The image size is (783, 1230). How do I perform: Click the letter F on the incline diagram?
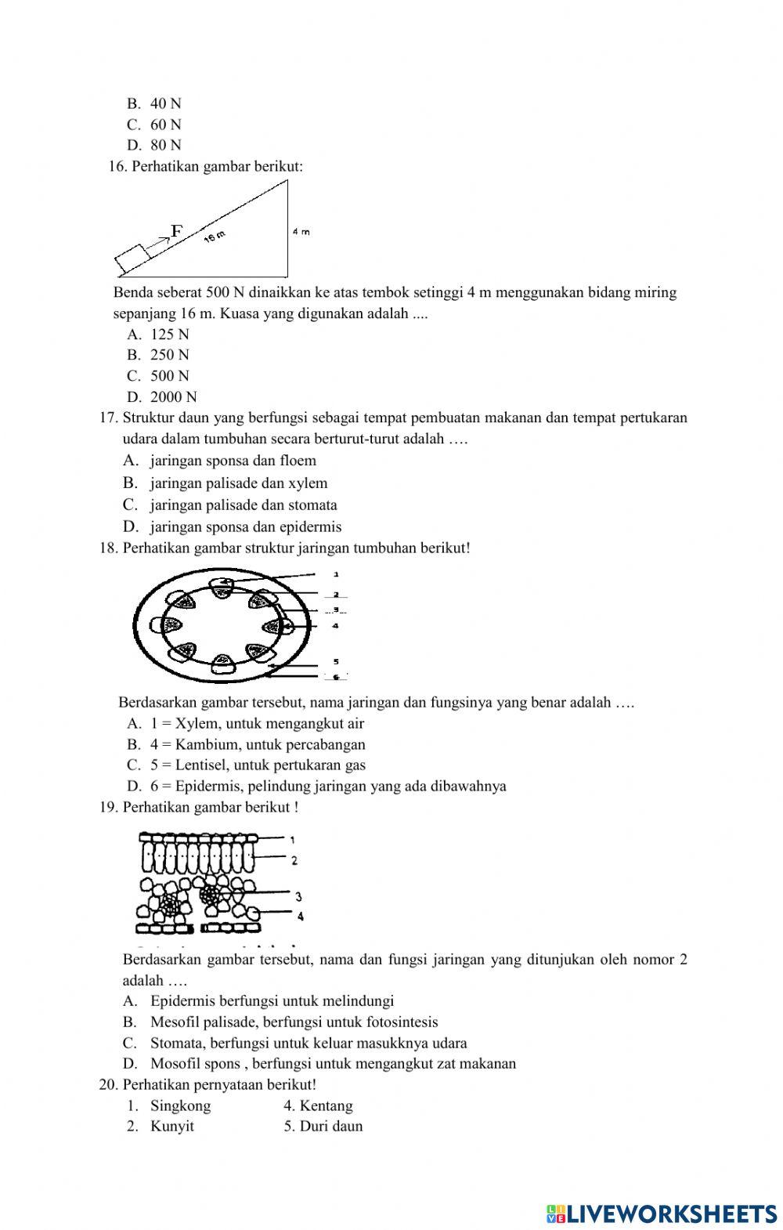tap(177, 231)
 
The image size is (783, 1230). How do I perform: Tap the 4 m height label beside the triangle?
tap(301, 232)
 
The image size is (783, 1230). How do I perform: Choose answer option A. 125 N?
tap(158, 335)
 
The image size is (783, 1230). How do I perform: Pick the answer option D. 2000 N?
tap(162, 397)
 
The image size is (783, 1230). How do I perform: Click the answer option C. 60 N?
tap(154, 125)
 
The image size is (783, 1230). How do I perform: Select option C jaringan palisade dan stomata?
tap(230, 505)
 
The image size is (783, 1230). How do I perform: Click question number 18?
tap(108, 548)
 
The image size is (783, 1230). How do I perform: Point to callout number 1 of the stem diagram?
tap(336, 574)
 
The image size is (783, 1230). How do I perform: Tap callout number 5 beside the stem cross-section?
tap(336, 662)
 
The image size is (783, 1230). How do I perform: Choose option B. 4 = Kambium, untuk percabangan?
tap(246, 745)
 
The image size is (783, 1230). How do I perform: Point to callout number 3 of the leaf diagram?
tap(299, 897)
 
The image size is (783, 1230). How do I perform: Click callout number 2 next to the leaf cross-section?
tap(294, 860)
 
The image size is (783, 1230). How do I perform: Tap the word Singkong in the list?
tap(180, 1106)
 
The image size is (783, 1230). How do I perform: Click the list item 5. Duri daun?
tap(323, 1127)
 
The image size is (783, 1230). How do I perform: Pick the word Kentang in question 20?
tap(327, 1106)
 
